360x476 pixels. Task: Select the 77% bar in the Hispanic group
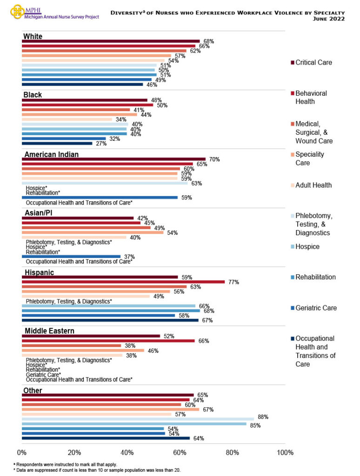[123, 282]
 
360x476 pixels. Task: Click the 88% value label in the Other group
[263, 417]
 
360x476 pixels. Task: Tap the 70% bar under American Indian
[113, 159]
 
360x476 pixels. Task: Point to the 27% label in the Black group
[101, 144]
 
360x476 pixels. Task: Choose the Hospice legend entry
[307, 246]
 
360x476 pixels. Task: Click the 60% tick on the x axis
[180, 452]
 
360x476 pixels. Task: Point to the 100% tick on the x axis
[285, 452]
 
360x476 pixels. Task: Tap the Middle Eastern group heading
[49, 331]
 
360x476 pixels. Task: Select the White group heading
[33, 36]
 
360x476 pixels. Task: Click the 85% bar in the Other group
[134, 423]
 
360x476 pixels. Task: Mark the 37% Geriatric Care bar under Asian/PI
[71, 257]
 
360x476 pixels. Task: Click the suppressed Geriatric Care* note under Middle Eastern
[43, 374]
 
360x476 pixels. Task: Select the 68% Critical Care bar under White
[111, 41]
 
